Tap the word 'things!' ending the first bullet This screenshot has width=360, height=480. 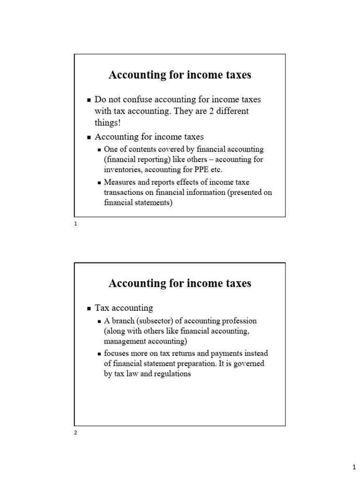click(107, 122)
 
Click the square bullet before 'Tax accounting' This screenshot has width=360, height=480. click(89, 308)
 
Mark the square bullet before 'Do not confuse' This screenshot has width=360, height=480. click(89, 100)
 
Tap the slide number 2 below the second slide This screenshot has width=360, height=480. click(75, 433)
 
